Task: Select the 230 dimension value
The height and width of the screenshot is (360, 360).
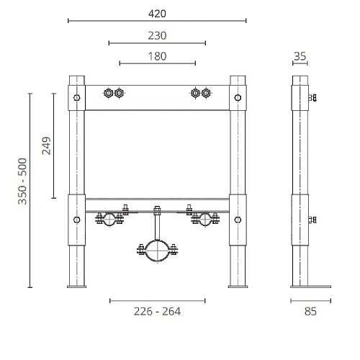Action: pyautogui.click(x=157, y=35)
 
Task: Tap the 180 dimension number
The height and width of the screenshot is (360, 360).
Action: pyautogui.click(x=157, y=56)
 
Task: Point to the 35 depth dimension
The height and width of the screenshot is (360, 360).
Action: pyautogui.click(x=301, y=56)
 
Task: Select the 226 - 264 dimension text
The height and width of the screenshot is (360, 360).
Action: pyautogui.click(x=157, y=311)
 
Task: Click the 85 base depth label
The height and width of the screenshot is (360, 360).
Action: pyautogui.click(x=310, y=311)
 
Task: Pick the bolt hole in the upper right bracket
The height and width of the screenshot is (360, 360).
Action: pyautogui.click(x=238, y=96)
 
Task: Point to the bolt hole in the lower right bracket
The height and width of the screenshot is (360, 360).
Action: pyautogui.click(x=238, y=220)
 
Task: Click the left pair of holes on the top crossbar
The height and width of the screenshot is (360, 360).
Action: pyautogui.click(x=113, y=93)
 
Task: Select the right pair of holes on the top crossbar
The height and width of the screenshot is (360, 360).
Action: pyautogui.click(x=201, y=93)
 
